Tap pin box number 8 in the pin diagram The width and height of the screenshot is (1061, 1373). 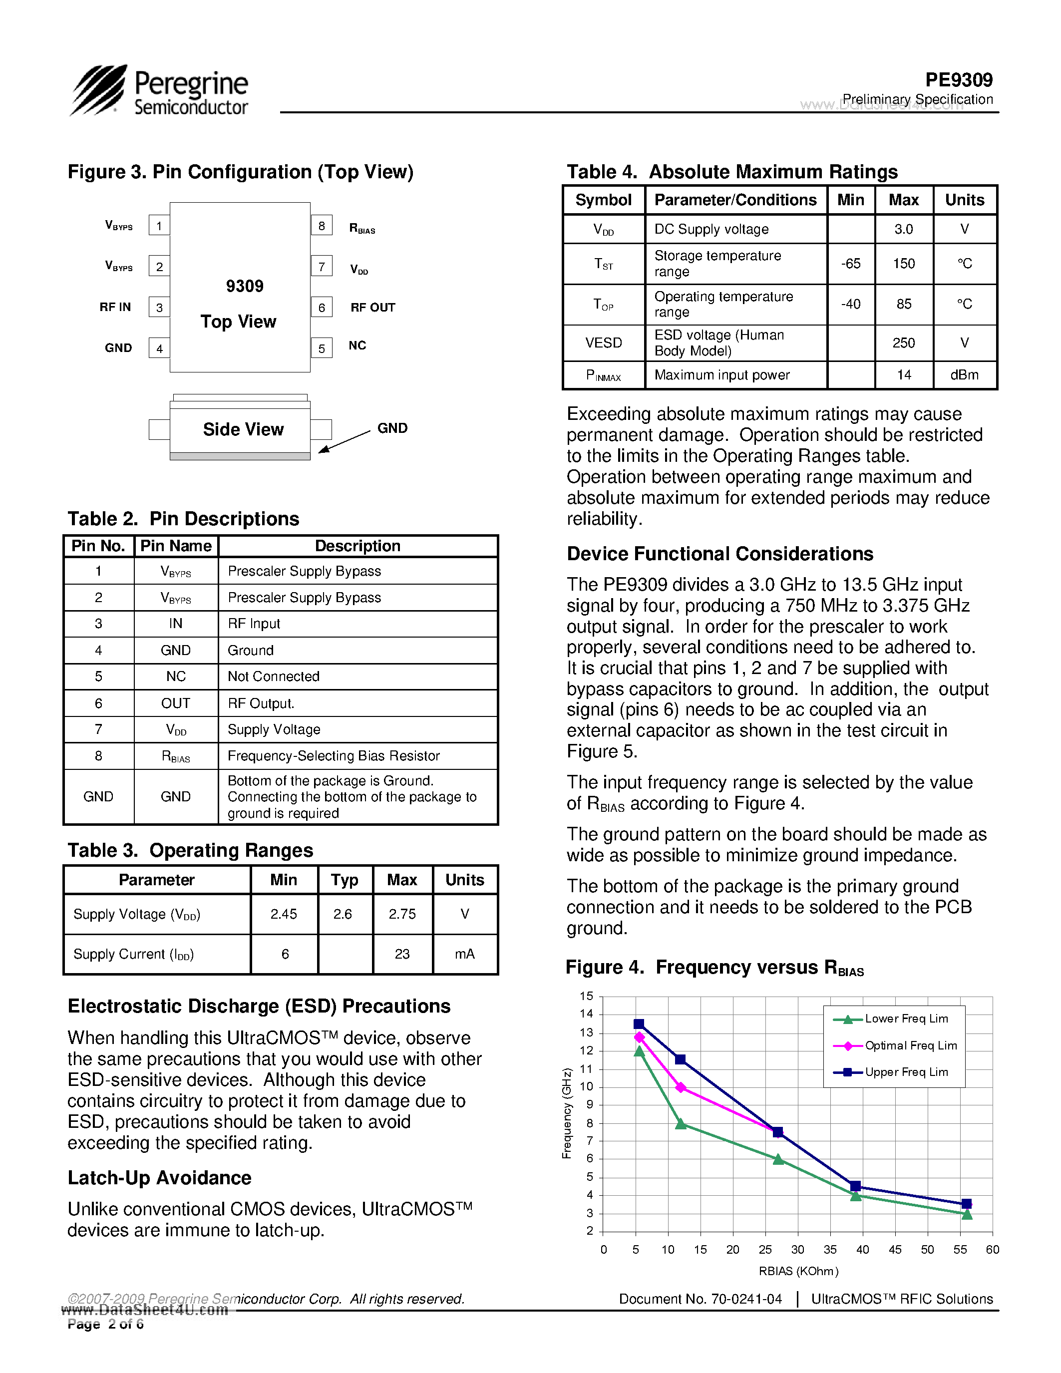tap(321, 225)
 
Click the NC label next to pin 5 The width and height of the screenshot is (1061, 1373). tap(357, 345)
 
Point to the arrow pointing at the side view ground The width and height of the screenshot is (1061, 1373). tap(344, 441)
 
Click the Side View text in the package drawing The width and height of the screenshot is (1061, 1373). tap(243, 429)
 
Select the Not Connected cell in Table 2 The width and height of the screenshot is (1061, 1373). tap(274, 677)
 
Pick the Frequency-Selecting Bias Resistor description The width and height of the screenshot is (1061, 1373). tap(333, 756)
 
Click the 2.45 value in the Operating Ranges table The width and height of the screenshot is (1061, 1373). tap(284, 914)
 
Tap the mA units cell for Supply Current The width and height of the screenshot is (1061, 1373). tap(464, 954)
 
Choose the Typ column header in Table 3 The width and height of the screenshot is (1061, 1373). tap(345, 880)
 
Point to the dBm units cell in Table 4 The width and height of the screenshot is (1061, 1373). tap(964, 375)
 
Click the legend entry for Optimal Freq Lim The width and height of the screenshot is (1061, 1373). tap(910, 1045)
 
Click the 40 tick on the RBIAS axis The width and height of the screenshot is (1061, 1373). tap(862, 1250)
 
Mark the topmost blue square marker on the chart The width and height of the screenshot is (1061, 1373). tap(639, 1024)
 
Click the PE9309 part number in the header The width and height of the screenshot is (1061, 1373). tap(959, 80)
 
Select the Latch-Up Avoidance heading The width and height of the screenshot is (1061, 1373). tap(160, 1177)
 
